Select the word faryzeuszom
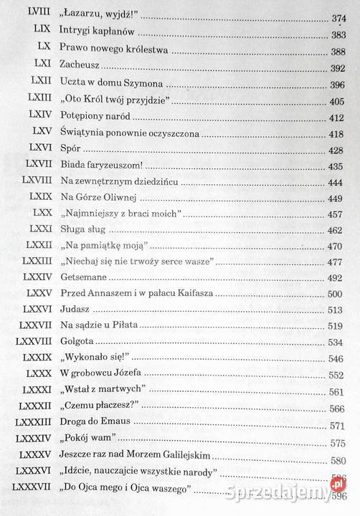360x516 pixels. (120, 165)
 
